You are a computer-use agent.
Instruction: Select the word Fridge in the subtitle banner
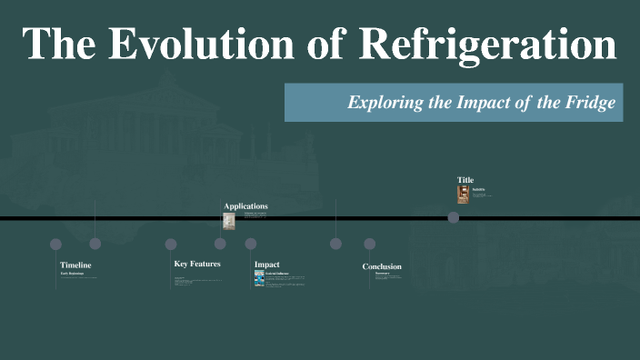[x=590, y=103]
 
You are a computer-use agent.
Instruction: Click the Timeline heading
[x=75, y=265]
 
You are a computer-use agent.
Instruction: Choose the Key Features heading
[x=197, y=264]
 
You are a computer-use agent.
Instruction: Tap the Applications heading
[x=245, y=206]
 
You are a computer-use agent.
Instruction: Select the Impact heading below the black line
[x=266, y=265]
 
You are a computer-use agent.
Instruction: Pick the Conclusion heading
[x=382, y=266]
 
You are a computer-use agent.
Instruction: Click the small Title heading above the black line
[x=465, y=180]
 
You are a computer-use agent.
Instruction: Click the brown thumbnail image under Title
[x=463, y=194]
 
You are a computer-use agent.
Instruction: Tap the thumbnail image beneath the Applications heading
[x=229, y=221]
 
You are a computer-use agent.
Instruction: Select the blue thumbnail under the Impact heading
[x=259, y=278]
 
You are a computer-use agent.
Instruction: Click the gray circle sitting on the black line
[x=453, y=217]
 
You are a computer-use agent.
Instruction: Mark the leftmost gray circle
[x=55, y=244]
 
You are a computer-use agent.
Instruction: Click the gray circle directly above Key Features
[x=171, y=244]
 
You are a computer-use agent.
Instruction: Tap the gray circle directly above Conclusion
[x=369, y=244]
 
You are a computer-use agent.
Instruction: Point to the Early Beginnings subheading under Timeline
[x=72, y=273]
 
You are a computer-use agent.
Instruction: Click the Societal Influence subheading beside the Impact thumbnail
[x=278, y=273]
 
